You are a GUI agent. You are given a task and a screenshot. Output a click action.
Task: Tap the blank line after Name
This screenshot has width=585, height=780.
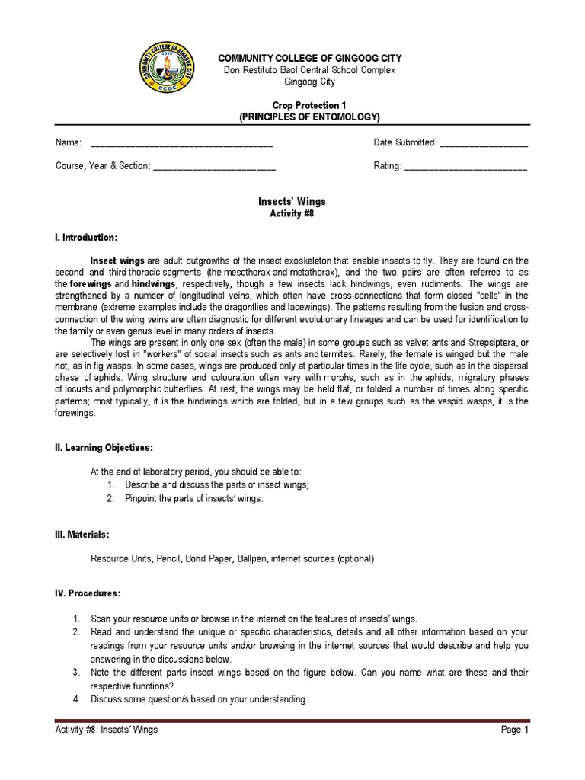point(181,143)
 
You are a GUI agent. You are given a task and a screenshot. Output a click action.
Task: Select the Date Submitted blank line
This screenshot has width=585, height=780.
point(484,143)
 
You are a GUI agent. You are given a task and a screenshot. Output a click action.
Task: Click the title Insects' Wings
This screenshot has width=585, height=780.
point(292,201)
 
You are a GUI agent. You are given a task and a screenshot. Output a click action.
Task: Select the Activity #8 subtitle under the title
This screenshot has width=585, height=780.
point(292,214)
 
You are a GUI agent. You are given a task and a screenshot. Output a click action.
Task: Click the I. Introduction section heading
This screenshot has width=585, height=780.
point(86,238)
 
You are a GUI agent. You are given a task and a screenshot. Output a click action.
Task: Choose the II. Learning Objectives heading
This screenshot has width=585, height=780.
point(104,446)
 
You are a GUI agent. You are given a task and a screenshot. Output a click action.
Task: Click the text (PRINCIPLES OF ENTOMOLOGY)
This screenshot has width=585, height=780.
point(308,117)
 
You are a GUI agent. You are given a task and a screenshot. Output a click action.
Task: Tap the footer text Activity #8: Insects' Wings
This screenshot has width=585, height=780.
point(107,730)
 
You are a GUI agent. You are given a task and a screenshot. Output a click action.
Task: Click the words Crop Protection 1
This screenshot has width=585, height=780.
point(308,105)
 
